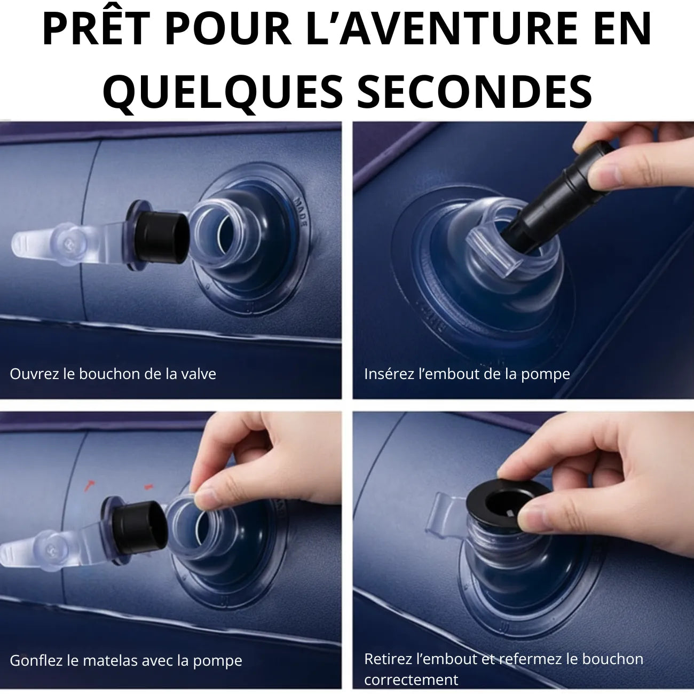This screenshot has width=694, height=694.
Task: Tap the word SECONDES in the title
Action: click(475, 91)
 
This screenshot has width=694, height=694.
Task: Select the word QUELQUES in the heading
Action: click(223, 93)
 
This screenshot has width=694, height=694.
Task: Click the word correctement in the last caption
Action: click(411, 680)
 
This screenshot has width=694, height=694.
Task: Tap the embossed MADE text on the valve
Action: click(301, 212)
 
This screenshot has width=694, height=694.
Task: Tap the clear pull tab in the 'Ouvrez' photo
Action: click(50, 241)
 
